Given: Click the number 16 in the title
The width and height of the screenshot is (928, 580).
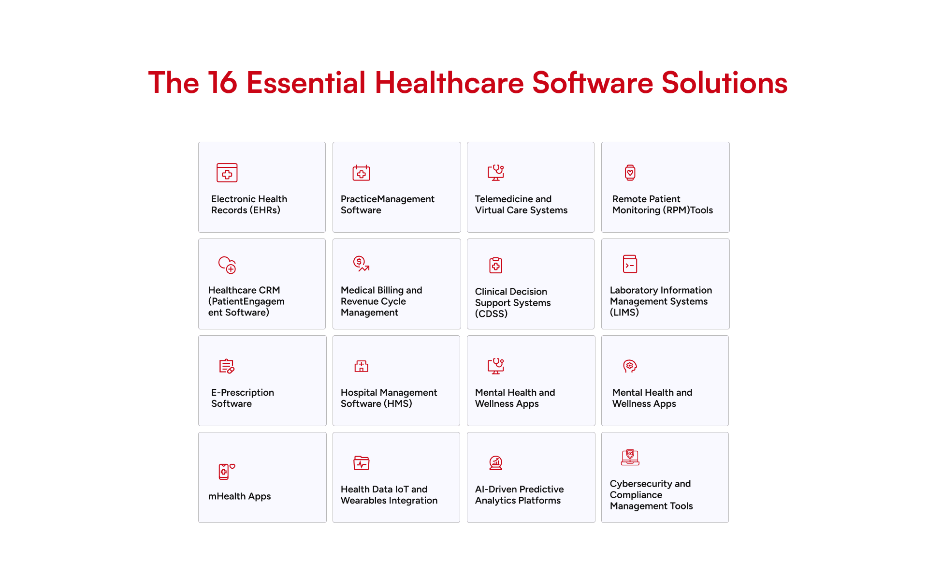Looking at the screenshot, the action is click(x=223, y=83).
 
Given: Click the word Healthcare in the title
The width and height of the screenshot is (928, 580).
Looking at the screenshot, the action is click(x=449, y=83).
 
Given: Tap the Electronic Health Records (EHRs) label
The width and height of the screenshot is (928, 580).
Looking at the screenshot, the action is click(x=249, y=205).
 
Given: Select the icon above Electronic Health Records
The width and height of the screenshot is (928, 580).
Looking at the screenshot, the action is click(x=227, y=173).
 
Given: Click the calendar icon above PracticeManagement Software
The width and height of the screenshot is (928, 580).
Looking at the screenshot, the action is click(x=362, y=173).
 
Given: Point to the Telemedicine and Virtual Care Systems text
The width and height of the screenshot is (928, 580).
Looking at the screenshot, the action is click(x=521, y=205).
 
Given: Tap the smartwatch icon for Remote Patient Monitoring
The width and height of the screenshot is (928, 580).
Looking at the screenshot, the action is click(x=630, y=173).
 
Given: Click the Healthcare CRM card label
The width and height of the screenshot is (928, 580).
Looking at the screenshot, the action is click(x=246, y=301).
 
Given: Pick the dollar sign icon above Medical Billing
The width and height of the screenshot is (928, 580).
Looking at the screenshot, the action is click(x=361, y=264).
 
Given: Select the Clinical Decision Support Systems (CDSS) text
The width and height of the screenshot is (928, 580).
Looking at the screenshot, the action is click(x=513, y=303).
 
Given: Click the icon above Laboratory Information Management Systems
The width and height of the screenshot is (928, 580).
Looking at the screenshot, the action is click(x=630, y=264).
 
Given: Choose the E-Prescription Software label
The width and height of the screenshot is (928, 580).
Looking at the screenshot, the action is click(x=243, y=398).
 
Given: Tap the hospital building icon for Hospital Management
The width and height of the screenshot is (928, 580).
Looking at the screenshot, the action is click(x=362, y=366).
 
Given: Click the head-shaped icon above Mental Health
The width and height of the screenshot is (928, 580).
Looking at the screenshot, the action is click(x=630, y=366).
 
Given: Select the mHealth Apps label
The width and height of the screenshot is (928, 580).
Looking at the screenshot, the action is click(x=239, y=496).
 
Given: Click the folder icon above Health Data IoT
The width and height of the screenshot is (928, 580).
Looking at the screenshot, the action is click(x=362, y=463).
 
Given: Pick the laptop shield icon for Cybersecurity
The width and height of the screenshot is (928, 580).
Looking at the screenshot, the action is click(x=630, y=458).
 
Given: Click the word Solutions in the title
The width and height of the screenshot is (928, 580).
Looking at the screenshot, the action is click(x=725, y=83).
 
